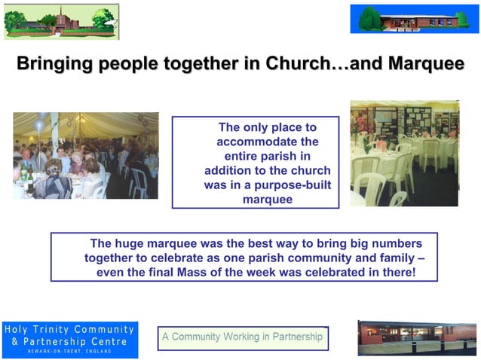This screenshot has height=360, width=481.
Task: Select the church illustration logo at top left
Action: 61,21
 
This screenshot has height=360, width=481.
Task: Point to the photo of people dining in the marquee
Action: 85,155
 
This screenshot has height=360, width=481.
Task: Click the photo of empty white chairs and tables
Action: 404,154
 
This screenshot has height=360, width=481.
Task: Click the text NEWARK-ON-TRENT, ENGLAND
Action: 69,352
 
